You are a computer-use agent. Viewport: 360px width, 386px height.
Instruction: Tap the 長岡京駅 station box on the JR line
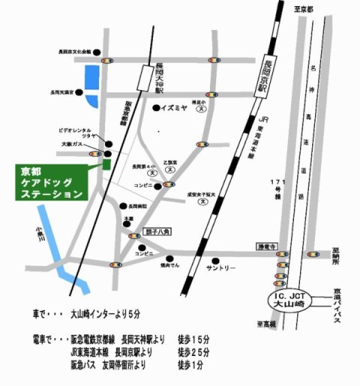(x=270, y=64)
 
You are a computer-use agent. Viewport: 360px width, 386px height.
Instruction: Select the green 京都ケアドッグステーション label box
(x=50, y=182)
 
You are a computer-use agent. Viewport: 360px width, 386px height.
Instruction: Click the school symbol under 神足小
(x=201, y=109)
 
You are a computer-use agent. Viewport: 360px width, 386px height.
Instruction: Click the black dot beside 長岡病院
(x=122, y=206)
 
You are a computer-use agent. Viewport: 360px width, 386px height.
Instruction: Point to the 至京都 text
(x=304, y=8)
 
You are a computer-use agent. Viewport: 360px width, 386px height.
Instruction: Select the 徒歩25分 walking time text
(x=193, y=354)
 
